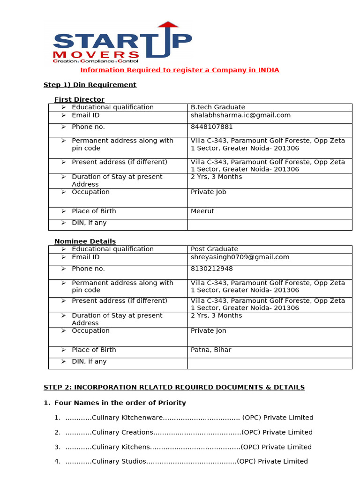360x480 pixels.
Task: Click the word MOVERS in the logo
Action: coord(96,55)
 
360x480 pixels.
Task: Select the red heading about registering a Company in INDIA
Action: coord(180,70)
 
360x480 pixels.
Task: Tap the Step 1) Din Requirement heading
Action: coord(90,85)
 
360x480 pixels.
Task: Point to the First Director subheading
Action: coord(79,99)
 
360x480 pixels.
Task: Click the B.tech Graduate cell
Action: coord(217,107)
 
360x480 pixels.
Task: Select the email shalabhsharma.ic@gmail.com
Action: coord(240,115)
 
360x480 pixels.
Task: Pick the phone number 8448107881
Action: coord(211,127)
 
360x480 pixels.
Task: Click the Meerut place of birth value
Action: coord(202,211)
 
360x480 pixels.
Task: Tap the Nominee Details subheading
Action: coord(85,241)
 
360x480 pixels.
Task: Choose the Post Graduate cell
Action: coord(214,249)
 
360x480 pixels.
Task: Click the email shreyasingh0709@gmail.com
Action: coord(240,257)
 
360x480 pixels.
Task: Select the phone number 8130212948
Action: coord(211,269)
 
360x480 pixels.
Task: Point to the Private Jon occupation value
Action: coord(208,331)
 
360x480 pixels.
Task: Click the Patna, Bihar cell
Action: coord(211,350)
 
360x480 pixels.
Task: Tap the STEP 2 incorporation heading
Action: coord(174,387)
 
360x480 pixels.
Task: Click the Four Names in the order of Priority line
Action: coord(120,403)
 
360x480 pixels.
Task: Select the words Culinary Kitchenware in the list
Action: coord(127,418)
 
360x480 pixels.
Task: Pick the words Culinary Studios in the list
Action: coord(119,461)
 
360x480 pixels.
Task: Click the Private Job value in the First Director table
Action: coord(208,192)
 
